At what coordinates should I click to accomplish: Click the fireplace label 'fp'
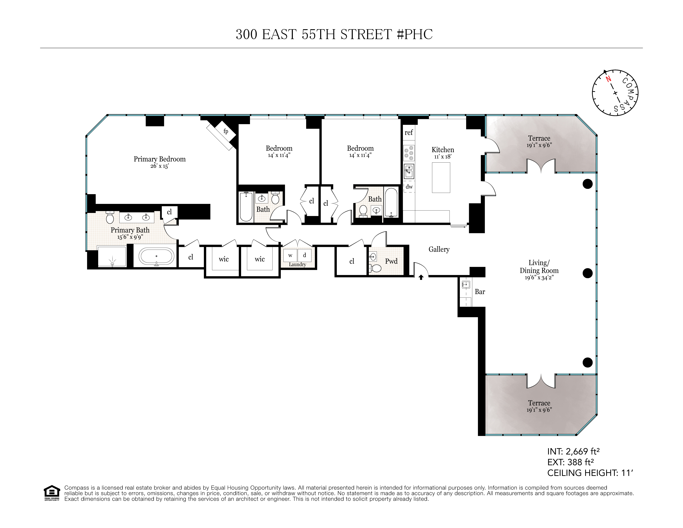tap(226, 131)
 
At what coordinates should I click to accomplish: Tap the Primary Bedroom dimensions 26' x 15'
tap(159, 166)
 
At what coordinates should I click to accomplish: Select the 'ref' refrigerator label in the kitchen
tap(408, 133)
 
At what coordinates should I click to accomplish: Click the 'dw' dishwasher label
tap(409, 187)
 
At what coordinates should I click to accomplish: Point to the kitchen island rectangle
tap(441, 177)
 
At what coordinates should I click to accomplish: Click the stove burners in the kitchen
tap(409, 153)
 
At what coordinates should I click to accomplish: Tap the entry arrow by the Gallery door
tap(421, 277)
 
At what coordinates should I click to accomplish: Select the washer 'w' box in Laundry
tap(290, 255)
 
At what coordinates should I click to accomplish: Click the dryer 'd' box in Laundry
tap(304, 255)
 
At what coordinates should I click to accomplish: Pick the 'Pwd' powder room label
tap(391, 261)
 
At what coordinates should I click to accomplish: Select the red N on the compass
tap(608, 79)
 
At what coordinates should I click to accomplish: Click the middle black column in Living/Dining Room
tap(588, 273)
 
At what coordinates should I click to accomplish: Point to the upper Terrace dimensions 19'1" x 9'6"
tap(539, 145)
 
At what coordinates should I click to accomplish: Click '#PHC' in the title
tap(415, 34)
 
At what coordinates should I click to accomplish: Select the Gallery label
tap(439, 249)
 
